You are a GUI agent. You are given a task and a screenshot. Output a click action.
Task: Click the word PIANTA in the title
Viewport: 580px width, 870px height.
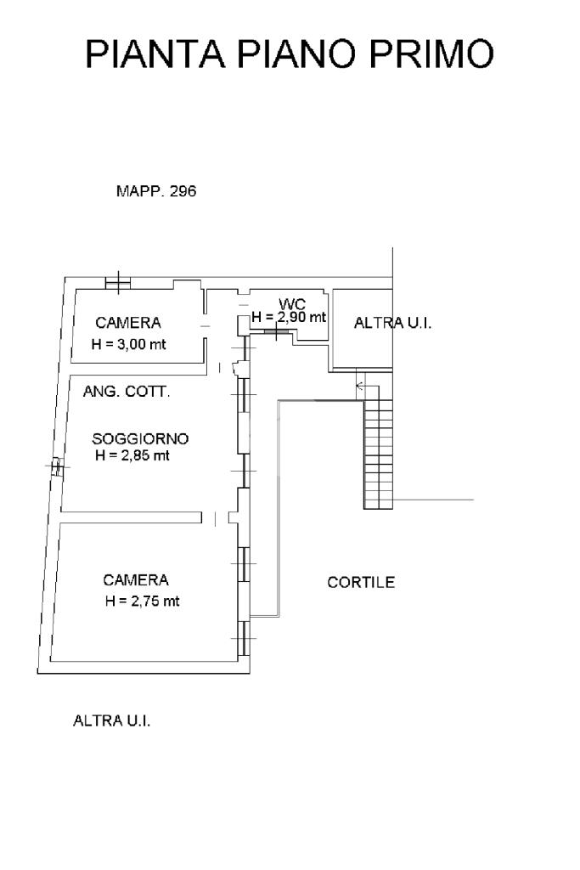[155, 54]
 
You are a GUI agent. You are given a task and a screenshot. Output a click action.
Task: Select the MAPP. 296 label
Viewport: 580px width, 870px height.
[155, 191]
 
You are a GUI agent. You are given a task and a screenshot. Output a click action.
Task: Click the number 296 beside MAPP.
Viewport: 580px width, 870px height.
[183, 191]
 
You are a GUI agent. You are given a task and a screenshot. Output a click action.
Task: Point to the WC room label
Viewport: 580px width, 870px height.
[291, 304]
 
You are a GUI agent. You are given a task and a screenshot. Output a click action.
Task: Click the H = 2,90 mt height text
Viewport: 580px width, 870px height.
[289, 318]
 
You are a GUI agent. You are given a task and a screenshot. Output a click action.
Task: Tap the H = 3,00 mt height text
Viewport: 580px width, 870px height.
[128, 345]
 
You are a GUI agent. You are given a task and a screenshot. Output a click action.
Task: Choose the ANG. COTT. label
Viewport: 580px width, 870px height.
[126, 392]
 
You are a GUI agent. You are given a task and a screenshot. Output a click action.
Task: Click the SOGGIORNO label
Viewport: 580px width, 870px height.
[140, 439]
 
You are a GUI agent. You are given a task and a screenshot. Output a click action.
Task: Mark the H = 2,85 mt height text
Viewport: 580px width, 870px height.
[132, 455]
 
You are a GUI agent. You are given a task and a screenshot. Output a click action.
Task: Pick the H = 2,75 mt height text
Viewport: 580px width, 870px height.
[143, 601]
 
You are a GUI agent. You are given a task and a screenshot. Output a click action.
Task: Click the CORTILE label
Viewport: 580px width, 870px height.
[361, 583]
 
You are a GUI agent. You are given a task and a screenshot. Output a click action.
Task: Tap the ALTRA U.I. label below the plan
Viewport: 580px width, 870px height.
[112, 721]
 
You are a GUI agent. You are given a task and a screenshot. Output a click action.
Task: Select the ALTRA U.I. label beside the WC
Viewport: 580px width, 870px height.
[392, 323]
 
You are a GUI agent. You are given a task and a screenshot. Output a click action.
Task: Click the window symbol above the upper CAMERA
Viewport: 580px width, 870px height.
[117, 282]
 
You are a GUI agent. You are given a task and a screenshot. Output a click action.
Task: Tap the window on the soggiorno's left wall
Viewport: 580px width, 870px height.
[56, 467]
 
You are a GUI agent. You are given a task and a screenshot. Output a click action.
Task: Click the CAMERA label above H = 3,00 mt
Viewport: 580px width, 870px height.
[128, 323]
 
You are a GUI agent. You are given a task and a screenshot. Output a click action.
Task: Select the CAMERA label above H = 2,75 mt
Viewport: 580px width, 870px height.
[136, 580]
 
